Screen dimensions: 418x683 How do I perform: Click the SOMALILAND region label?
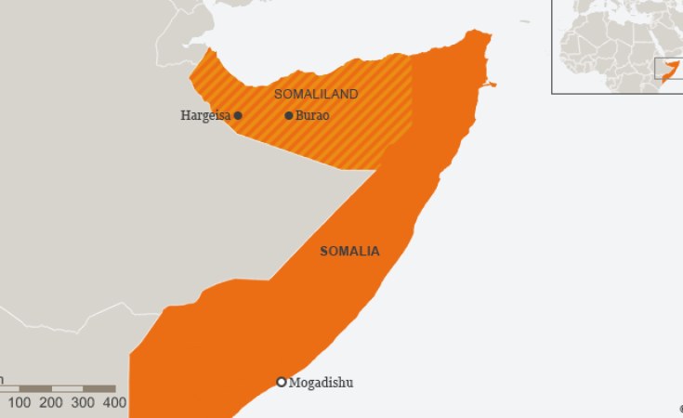(x=316, y=95)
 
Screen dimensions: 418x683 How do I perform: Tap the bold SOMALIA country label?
(x=349, y=251)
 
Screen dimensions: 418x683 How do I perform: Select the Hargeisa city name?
(x=205, y=116)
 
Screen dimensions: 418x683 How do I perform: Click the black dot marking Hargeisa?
(x=238, y=115)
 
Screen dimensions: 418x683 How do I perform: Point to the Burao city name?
(x=312, y=116)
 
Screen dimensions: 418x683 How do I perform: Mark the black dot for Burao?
(x=289, y=115)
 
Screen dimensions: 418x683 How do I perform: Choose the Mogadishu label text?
(x=322, y=383)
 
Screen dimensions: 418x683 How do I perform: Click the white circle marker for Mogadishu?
(x=282, y=382)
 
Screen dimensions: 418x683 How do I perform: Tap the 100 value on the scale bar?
(x=20, y=402)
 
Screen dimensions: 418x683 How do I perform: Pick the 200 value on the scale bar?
(x=51, y=402)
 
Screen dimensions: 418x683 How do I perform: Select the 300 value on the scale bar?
(x=83, y=402)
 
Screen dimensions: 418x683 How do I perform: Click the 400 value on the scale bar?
(x=114, y=402)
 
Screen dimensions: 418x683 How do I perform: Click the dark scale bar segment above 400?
(x=100, y=388)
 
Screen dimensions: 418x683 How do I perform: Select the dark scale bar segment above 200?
(x=35, y=388)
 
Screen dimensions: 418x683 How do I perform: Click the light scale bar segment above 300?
(x=68, y=388)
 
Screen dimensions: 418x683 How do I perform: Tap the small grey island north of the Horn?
(x=525, y=20)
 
